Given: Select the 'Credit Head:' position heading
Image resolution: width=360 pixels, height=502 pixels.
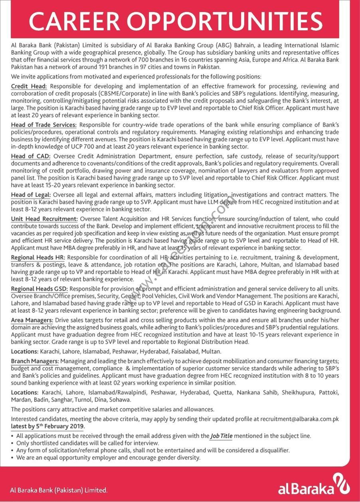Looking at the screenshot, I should click(29, 86).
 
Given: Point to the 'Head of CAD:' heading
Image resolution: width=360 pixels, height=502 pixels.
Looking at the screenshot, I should click(30, 156).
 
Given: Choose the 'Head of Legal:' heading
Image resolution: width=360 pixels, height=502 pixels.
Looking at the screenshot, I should click(31, 195).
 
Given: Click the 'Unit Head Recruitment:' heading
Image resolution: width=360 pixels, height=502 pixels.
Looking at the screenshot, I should click(44, 219).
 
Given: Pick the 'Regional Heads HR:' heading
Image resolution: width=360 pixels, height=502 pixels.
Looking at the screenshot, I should click(38, 257).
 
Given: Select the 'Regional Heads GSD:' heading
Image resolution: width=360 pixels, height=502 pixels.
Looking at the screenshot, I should click(40, 289).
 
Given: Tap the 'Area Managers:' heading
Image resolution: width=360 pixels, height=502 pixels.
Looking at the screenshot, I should click(32, 320).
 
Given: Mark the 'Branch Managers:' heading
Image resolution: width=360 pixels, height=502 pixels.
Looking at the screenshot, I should click(35, 361).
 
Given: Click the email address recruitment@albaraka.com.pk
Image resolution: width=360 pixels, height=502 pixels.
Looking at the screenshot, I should click(299, 419).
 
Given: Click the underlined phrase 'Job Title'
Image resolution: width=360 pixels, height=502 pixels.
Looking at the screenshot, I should click(221, 436).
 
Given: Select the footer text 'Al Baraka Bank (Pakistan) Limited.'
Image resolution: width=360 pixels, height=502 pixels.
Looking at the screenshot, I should click(59, 490).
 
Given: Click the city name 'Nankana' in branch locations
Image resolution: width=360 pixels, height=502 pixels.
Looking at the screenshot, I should click(248, 393).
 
